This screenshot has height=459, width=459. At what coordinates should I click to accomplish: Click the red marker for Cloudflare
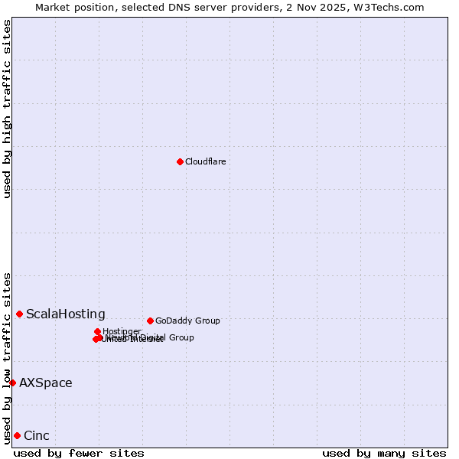click(x=180, y=161)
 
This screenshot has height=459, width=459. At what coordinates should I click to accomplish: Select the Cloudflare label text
click(x=205, y=161)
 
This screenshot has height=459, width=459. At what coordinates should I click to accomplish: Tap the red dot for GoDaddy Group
click(x=150, y=321)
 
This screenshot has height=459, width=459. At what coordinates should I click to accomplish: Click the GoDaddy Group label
click(x=187, y=321)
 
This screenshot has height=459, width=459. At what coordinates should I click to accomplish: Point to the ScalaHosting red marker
click(x=19, y=314)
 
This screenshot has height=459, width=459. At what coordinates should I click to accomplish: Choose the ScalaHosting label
click(x=65, y=314)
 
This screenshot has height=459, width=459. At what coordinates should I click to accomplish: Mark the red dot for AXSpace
click(x=12, y=382)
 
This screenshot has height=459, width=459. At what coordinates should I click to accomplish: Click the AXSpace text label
click(x=45, y=382)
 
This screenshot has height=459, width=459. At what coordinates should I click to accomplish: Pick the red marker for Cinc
click(x=17, y=435)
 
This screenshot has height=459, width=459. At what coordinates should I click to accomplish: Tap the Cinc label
click(x=36, y=435)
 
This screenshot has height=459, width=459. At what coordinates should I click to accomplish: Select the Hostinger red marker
click(x=97, y=331)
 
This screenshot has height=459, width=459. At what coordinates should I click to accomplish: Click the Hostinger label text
click(x=122, y=331)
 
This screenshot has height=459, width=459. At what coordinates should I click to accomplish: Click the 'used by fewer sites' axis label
click(x=79, y=453)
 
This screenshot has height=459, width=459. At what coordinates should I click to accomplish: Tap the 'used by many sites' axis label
click(x=384, y=453)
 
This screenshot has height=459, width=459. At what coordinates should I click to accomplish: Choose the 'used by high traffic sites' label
click(x=7, y=109)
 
